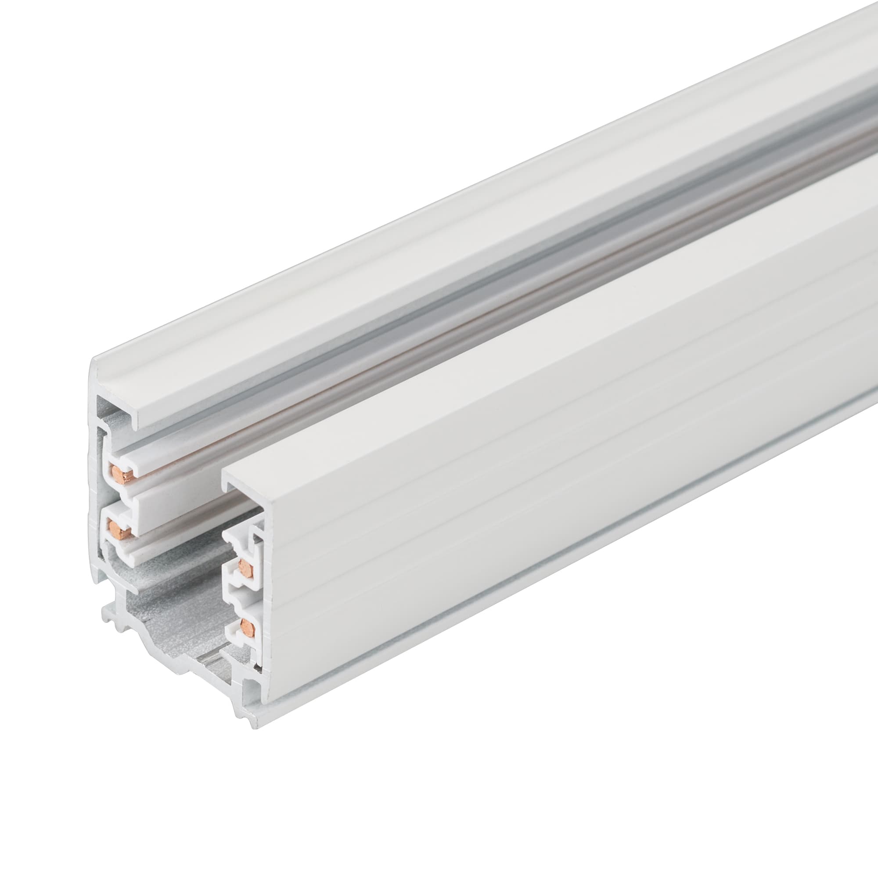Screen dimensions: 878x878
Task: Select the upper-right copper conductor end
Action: (245, 567)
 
